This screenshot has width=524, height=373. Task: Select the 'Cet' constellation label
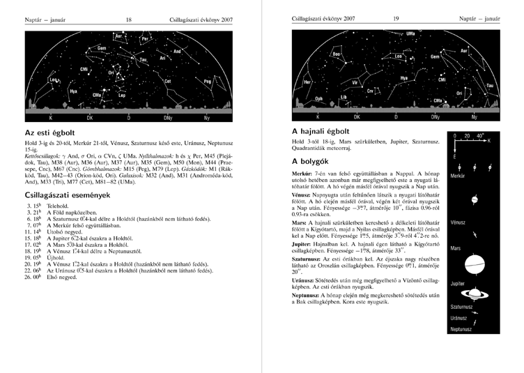coord(168,81)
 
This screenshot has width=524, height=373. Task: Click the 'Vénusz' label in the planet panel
coord(458,222)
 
